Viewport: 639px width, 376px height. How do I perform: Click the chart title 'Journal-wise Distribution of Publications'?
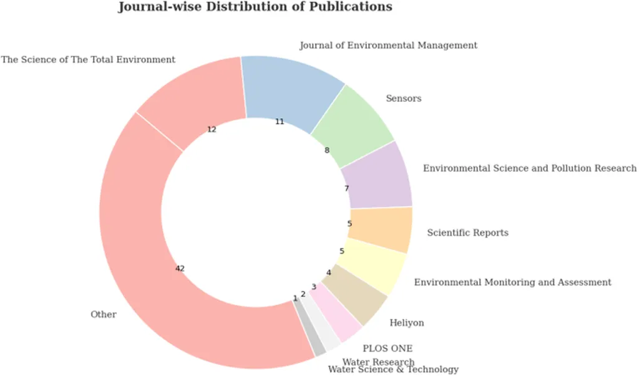(x=255, y=7)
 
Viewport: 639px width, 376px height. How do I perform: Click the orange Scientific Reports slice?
(x=380, y=229)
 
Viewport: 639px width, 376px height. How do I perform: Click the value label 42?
(x=180, y=269)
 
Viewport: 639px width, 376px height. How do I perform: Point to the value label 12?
(x=212, y=129)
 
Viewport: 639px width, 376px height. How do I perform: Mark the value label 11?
(x=280, y=122)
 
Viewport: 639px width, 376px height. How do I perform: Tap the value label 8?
(x=327, y=151)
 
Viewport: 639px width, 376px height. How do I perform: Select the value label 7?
(x=346, y=188)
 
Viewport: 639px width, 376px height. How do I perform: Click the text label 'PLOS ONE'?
(x=388, y=349)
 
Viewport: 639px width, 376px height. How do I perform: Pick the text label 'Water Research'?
(x=378, y=362)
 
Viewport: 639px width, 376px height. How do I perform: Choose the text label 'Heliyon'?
(x=406, y=323)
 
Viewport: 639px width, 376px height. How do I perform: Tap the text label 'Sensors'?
(x=403, y=99)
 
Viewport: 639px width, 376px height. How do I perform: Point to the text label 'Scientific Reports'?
(x=467, y=233)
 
